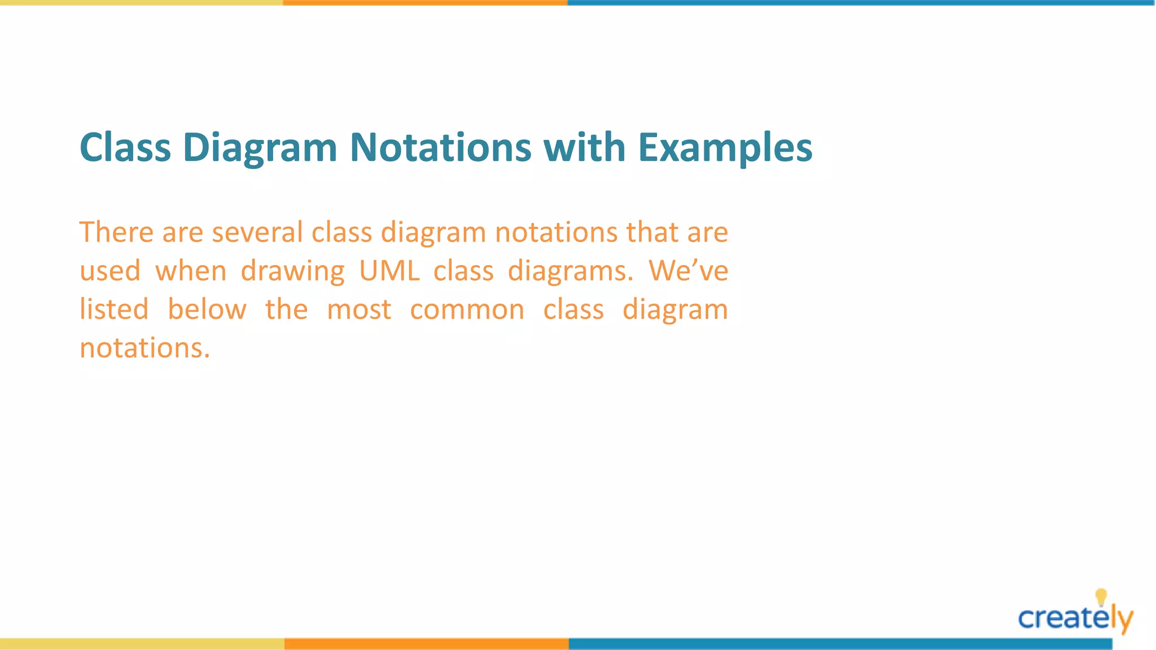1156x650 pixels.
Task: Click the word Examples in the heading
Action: tap(725, 148)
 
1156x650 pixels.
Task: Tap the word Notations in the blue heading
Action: tap(440, 148)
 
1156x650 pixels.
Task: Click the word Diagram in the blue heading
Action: tap(260, 148)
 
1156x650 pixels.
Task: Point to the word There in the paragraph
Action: tap(116, 232)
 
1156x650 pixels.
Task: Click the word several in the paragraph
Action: tap(257, 232)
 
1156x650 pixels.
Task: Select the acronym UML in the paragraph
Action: tap(389, 271)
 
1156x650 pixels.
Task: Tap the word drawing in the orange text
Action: tap(292, 272)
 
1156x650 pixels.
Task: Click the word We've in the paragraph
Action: tap(688, 271)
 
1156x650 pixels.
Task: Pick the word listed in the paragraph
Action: tap(114, 309)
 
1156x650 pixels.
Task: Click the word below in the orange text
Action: tap(207, 309)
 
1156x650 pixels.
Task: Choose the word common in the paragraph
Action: tap(467, 310)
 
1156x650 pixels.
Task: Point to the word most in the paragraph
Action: tap(359, 310)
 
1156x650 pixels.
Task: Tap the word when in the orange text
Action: tap(191, 271)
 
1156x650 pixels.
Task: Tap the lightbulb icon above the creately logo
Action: tap(1101, 597)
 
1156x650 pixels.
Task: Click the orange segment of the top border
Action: tap(425, 3)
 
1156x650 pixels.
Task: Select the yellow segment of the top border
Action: tap(141, 3)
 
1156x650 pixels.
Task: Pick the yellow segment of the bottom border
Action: tap(141, 644)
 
